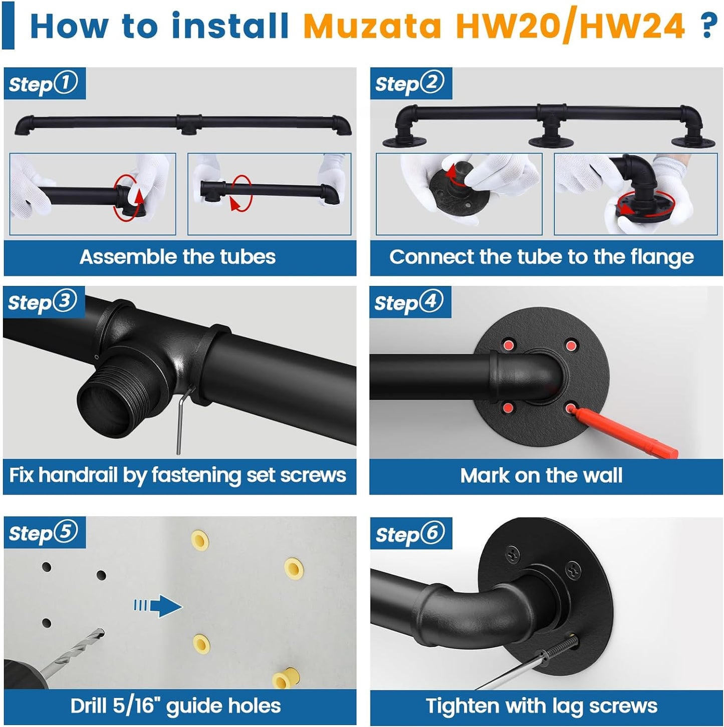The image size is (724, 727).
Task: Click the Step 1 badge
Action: click(44, 84)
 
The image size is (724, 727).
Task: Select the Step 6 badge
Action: click(410, 534)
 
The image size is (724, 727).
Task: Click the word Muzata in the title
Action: click(372, 26)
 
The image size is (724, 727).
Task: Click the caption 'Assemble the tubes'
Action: click(177, 257)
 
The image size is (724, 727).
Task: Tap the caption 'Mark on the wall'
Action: click(541, 475)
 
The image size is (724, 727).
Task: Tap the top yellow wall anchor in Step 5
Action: click(200, 541)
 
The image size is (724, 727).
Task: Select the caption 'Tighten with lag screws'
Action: click(541, 705)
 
